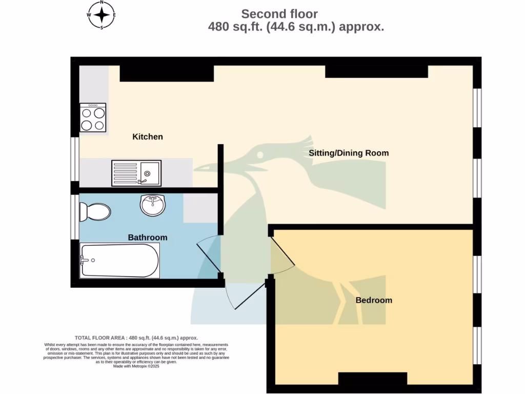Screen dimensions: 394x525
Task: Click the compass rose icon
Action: [x=102, y=15]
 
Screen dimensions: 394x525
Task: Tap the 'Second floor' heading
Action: [x=279, y=14]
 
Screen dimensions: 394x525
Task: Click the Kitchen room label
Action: [x=148, y=136]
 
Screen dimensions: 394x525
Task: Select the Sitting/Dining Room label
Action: [x=349, y=153]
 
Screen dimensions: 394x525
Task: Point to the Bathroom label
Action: [x=148, y=238]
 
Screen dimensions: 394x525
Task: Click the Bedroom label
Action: [x=374, y=300]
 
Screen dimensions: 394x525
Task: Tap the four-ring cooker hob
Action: [x=93, y=117]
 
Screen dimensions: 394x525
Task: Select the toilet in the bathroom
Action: [x=95, y=211]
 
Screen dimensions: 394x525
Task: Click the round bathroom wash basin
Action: [x=152, y=206]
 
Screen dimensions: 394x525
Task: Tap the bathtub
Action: [x=119, y=261]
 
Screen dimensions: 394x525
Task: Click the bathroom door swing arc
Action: [x=209, y=254]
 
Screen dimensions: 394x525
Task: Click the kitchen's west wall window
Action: [x=75, y=159]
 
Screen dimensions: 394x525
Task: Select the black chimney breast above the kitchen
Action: [x=167, y=73]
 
